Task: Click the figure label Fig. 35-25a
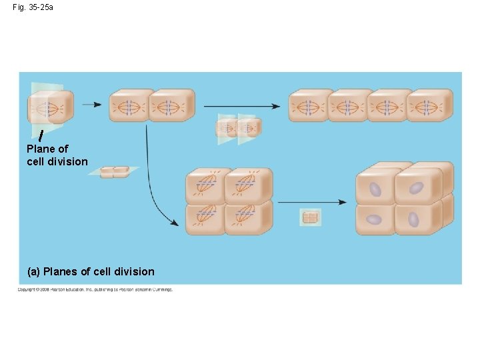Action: click(33, 7)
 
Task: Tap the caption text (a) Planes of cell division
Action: click(91, 271)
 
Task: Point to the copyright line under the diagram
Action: click(95, 289)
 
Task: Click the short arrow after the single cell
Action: click(92, 105)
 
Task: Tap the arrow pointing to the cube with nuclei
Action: click(312, 202)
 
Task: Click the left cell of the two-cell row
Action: click(130, 106)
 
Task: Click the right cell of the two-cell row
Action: click(170, 106)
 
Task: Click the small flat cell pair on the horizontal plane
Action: click(113, 172)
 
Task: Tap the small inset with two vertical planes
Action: click(238, 126)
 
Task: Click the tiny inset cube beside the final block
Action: click(311, 217)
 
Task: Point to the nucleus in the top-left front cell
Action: click(376, 190)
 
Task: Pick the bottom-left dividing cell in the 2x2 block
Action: click(206, 217)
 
